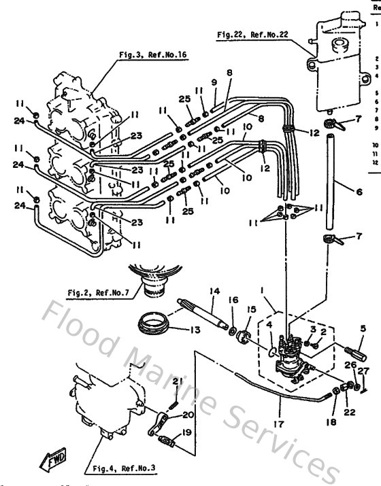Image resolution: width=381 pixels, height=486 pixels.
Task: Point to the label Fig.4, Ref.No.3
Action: click(x=118, y=469)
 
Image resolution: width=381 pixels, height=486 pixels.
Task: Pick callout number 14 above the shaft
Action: click(x=215, y=291)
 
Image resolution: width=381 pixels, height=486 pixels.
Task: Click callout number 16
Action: click(x=233, y=299)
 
